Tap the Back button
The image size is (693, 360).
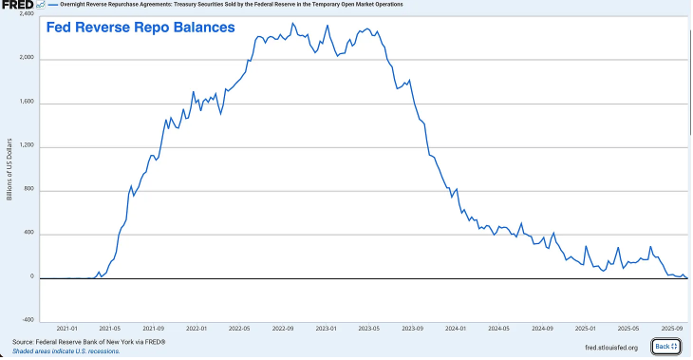point(665,347)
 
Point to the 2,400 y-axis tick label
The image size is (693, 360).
point(27,14)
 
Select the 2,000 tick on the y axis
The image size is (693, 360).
point(27,59)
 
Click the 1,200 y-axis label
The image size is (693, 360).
point(27,146)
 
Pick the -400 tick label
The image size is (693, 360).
point(28,319)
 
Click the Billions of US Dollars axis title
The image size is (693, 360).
point(9,168)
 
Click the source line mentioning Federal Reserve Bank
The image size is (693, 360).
point(89,341)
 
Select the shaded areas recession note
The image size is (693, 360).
point(66,351)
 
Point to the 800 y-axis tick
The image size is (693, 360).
point(29,190)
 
